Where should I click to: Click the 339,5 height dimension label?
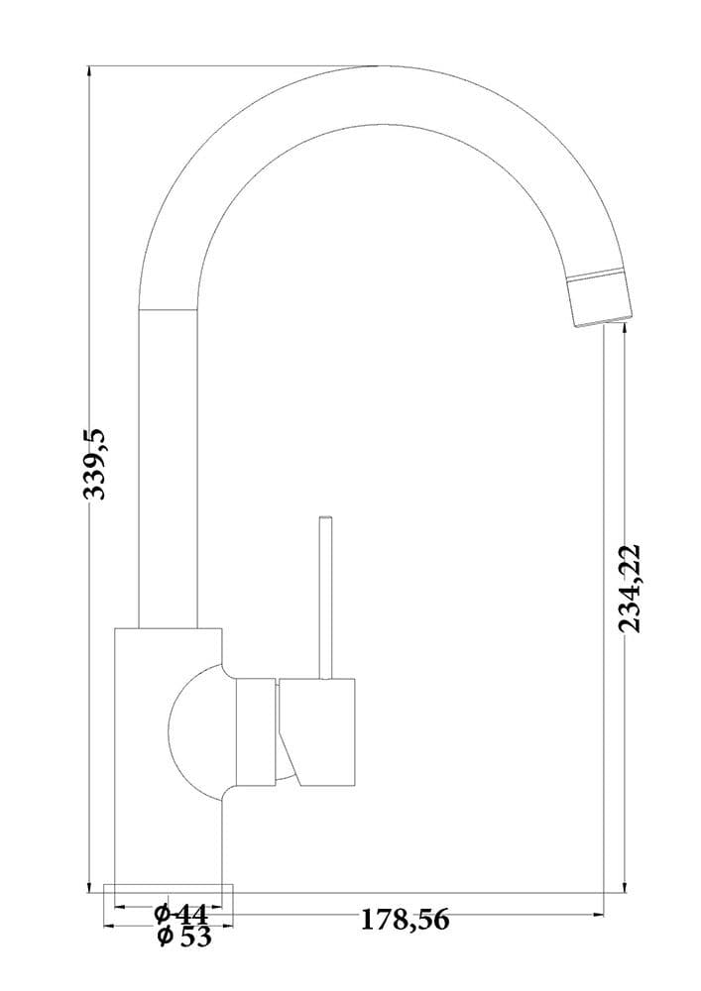pos(96,463)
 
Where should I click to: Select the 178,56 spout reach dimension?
pos(405,919)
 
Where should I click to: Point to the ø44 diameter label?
pos(180,913)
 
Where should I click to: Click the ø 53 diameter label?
pos(184,936)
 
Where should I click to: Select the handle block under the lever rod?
pos(316,732)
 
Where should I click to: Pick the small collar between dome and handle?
pos(256,731)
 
